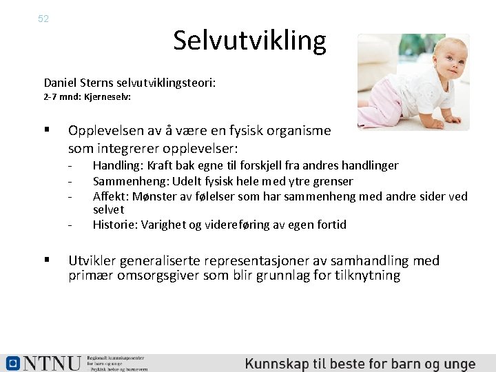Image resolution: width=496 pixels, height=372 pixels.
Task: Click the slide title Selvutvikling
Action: tap(249, 41)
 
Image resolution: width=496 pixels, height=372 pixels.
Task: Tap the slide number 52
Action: tap(43, 19)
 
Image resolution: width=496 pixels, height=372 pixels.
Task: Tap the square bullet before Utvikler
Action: tap(47, 260)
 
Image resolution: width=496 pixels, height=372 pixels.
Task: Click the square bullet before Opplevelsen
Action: tap(47, 130)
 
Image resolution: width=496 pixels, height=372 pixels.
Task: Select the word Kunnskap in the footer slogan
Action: tap(276, 364)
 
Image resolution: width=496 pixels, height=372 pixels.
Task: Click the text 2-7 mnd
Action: tap(60, 97)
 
